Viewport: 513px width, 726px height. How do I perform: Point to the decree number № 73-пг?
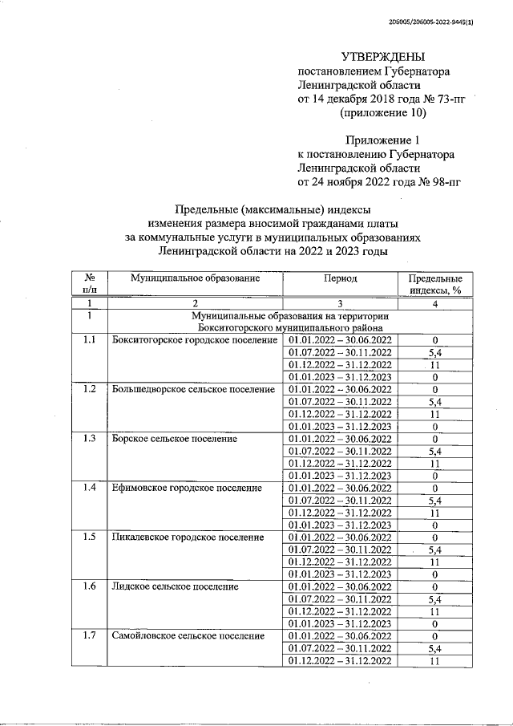coord(445,99)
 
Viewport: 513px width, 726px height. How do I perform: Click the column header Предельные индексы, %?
coord(435,284)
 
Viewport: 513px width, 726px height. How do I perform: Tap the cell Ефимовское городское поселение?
coord(187,488)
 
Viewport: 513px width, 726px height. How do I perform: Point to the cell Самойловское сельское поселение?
coord(188,636)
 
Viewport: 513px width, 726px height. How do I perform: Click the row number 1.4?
coord(89,488)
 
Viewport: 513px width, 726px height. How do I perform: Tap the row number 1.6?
coord(89,587)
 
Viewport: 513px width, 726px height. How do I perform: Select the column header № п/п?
coord(90,284)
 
